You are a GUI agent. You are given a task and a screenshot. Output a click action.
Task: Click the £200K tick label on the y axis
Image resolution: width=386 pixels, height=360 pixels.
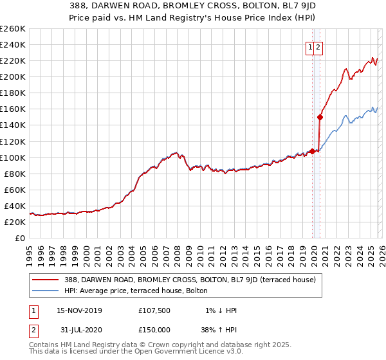(x=13, y=76)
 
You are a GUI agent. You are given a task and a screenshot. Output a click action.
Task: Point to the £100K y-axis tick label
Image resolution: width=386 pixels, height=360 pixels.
(x=13, y=157)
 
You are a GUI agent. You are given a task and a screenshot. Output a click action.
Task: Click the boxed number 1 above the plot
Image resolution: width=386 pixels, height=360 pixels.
(x=311, y=46)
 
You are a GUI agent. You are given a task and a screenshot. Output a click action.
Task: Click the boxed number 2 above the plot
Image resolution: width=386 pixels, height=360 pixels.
(x=318, y=46)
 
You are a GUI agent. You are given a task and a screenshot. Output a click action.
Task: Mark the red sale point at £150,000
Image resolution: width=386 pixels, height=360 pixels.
(x=320, y=117)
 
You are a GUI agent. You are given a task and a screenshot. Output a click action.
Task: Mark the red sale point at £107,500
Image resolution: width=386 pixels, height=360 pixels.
(x=312, y=151)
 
